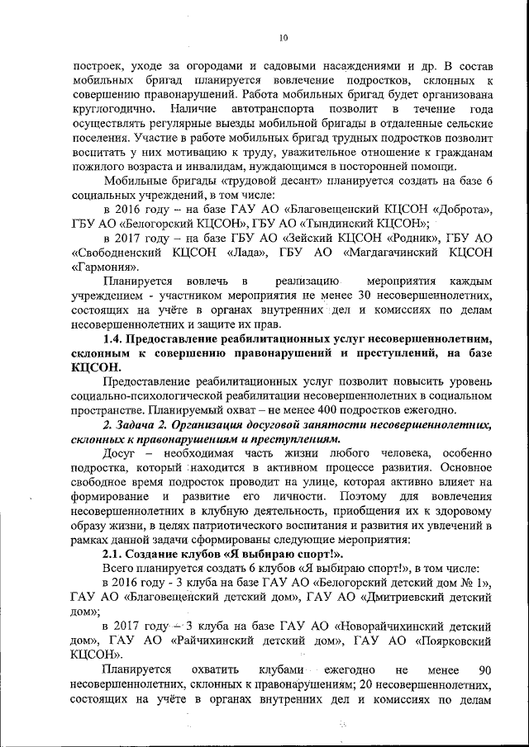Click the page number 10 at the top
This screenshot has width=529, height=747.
[283, 37]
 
